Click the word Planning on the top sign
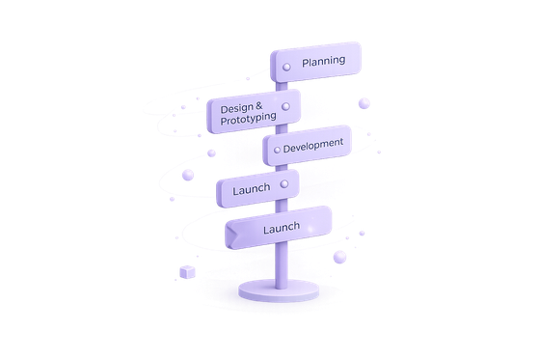(x=323, y=62)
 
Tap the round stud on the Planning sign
(x=286, y=67)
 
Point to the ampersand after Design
(x=259, y=106)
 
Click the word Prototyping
(x=249, y=119)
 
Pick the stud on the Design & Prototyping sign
(x=285, y=106)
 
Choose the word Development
(x=313, y=146)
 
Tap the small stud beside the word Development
(x=277, y=150)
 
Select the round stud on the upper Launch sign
(x=284, y=184)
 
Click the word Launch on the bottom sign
(x=282, y=228)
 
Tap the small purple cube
(x=187, y=272)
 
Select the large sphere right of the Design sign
(x=364, y=103)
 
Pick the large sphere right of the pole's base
(x=339, y=258)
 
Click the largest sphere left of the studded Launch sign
(x=188, y=175)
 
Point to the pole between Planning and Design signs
(x=282, y=87)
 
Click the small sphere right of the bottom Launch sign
(x=362, y=234)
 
